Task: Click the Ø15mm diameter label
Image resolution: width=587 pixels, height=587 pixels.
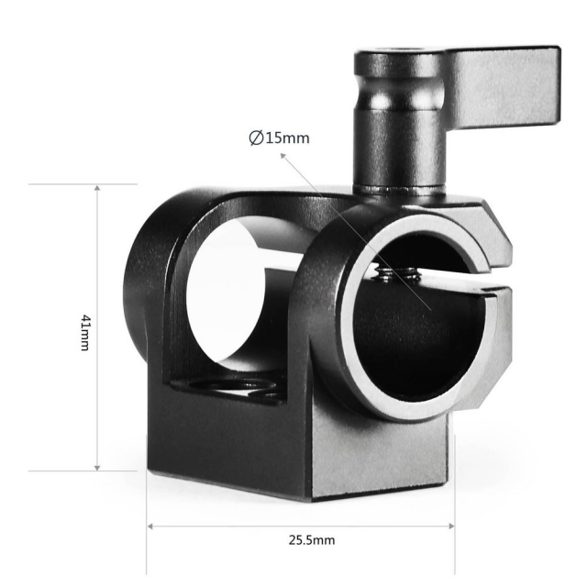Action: pos(279,138)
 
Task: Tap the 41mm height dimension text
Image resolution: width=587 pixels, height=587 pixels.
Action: pos(85,333)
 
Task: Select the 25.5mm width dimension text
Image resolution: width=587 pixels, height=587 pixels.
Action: pos(312,540)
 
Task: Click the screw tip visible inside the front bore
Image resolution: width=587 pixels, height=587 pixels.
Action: pos(397,272)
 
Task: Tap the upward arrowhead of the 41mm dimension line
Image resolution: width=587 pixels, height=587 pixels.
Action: pos(97,187)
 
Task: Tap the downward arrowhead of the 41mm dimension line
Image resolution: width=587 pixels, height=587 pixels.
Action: pos(97,468)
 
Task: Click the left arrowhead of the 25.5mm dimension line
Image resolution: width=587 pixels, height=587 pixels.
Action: pos(150,526)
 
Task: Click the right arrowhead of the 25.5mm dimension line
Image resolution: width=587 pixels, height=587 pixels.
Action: pos(451,526)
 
